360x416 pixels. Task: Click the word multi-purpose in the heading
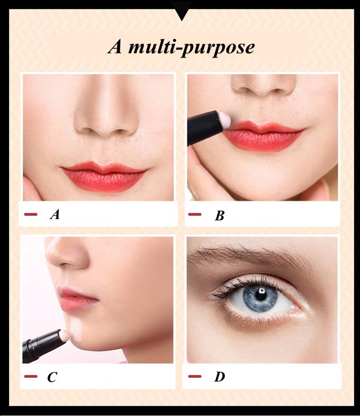coord(191,48)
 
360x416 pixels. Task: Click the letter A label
coord(55,215)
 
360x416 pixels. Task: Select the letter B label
coord(219,215)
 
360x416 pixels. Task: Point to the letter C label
coord(52,377)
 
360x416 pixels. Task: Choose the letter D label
coord(219,376)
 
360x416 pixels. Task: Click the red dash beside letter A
coord(31,214)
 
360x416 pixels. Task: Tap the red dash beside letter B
coord(194,214)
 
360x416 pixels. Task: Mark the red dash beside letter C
coord(31,376)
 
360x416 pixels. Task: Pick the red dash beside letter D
coord(194,376)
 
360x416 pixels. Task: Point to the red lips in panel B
coord(263,136)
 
